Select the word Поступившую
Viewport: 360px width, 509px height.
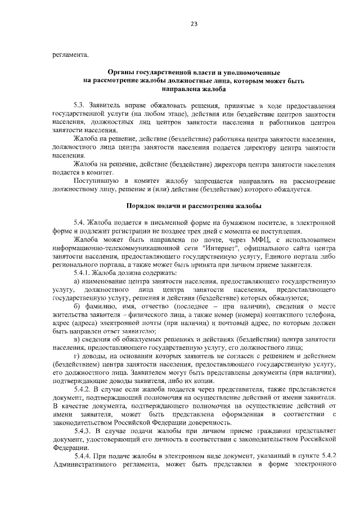pos(95,181)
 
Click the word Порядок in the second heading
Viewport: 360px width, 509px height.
pos(141,206)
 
